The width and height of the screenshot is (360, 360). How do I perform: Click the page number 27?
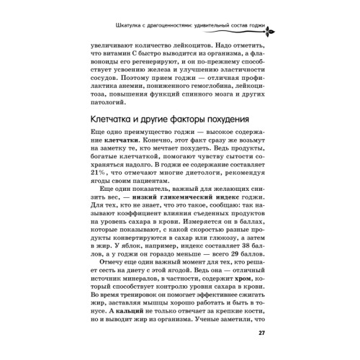coord(263,332)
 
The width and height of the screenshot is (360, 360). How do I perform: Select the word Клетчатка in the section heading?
coord(113,120)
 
